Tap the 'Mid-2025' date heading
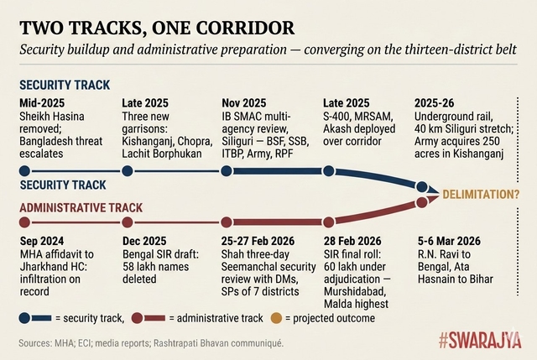(41, 103)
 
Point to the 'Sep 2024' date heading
(42, 243)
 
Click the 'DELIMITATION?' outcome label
(482, 196)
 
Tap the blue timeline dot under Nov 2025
(226, 171)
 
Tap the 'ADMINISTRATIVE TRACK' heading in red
(80, 207)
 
